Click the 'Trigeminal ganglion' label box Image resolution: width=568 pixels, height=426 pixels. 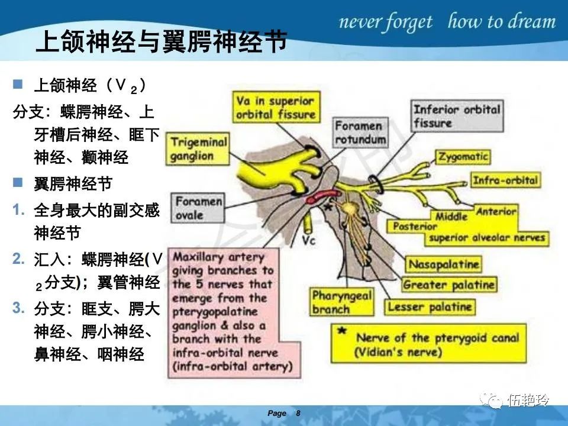(198, 149)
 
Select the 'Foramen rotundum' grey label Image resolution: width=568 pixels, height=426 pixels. (360, 133)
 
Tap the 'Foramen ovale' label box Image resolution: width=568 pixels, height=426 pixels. (198, 208)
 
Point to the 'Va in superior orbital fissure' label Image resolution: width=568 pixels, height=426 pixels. (276, 107)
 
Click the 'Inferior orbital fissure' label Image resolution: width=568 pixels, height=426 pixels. (457, 115)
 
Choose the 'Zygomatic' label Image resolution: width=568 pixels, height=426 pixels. (463, 157)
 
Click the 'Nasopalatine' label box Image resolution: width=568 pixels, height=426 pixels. (443, 264)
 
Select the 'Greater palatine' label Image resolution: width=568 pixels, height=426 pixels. (448, 285)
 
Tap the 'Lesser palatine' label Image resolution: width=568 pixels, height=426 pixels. (430, 307)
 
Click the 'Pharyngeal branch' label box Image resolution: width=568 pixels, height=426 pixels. (341, 302)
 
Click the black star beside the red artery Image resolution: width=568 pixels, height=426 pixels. (327, 207)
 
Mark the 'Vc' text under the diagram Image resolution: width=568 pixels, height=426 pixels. (309, 240)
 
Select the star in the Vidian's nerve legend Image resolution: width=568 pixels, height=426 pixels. (342, 331)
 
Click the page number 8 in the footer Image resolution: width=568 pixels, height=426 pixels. (298, 414)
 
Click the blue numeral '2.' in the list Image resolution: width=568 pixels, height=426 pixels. (19, 259)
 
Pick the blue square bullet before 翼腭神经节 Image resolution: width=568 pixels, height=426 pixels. (18, 182)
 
